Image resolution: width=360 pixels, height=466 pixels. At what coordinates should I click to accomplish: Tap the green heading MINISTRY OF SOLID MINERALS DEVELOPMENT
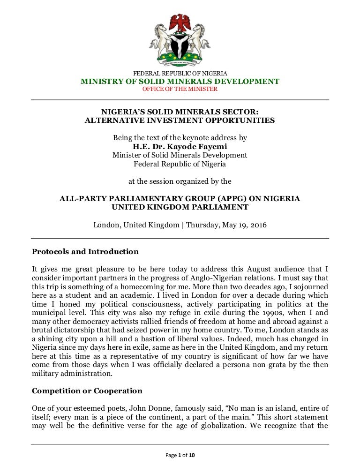[x=180, y=82]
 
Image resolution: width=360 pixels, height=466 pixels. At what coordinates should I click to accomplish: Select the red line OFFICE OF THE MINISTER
[x=180, y=89]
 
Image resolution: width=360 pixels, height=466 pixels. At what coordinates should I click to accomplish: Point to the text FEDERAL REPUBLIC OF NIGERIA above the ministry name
[x=180, y=74]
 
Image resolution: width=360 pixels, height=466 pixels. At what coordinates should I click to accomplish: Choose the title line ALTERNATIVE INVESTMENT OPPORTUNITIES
[x=180, y=120]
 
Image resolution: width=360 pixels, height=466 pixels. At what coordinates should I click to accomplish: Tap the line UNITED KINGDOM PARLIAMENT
[x=180, y=207]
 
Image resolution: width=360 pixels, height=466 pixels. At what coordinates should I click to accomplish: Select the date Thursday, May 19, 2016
[x=226, y=225]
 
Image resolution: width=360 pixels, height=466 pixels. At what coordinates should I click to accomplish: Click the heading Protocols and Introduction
[x=85, y=252]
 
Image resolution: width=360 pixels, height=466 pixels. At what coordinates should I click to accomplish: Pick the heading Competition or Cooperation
[x=87, y=391]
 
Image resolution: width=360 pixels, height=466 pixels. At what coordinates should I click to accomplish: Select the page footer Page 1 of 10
[x=180, y=455]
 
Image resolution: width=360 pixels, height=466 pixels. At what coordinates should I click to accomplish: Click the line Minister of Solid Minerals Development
[x=180, y=155]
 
